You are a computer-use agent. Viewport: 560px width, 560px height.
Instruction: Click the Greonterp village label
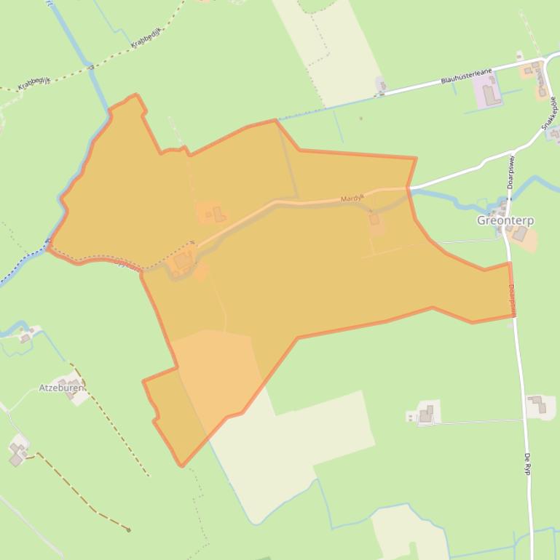pos(505,220)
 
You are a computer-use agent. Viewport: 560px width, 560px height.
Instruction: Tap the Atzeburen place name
pos(61,388)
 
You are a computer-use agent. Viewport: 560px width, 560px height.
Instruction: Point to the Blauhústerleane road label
pos(466,77)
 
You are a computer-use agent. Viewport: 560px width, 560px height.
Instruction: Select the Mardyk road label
pos(352,198)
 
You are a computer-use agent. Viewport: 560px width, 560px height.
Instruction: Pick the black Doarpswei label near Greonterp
pos(511,172)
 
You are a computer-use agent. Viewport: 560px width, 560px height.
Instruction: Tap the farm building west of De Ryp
pos(426,414)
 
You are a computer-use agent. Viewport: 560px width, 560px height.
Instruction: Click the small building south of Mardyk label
pos(374,219)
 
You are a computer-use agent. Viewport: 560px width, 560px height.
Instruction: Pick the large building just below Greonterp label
pos(519,233)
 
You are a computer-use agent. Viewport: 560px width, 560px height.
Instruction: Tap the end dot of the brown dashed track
pos(129,529)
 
